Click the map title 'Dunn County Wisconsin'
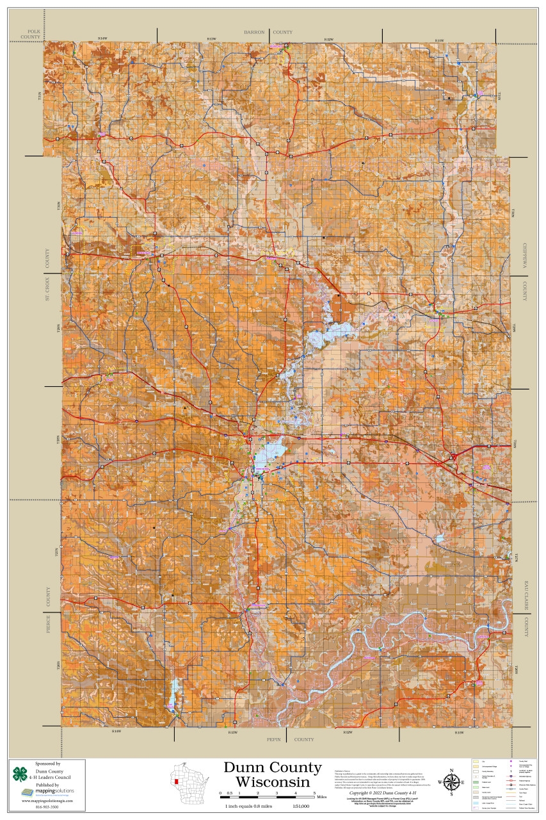coord(272,775)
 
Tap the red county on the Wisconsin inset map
coord(176,782)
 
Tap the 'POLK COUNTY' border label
coord(29,35)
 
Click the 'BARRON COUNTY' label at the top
coord(268,32)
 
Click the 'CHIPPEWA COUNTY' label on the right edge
coord(524,272)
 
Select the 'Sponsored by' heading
coord(48,764)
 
